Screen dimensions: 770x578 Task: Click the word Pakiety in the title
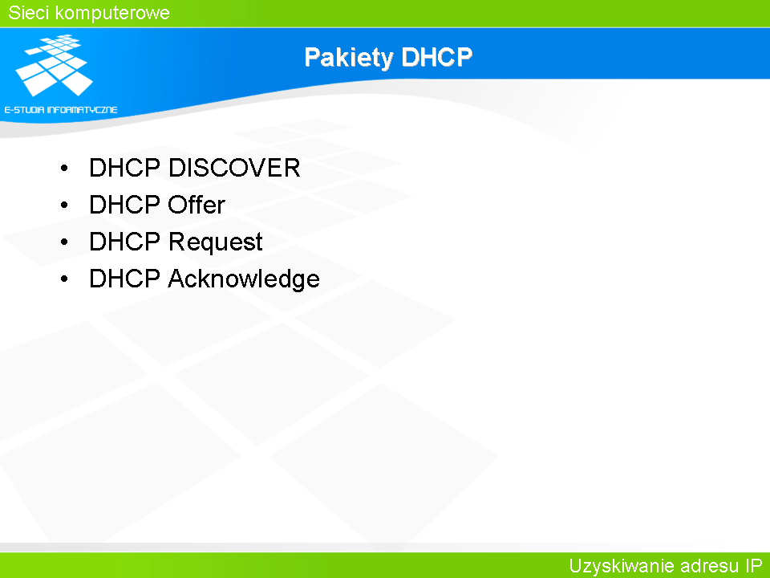(349, 58)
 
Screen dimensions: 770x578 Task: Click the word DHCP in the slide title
(436, 57)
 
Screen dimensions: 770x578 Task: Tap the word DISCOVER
(234, 168)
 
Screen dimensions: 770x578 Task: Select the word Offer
(197, 205)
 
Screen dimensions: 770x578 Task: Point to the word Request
(215, 242)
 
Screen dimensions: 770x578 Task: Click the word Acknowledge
(244, 279)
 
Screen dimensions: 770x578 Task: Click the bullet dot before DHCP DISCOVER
(64, 169)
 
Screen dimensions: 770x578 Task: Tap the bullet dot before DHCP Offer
(64, 206)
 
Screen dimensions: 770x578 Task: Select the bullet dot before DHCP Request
(64, 242)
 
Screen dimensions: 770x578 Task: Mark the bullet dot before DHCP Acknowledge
(64, 279)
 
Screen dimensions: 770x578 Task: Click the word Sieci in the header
(29, 13)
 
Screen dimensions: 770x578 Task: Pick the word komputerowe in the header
(112, 14)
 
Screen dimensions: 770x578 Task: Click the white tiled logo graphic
(55, 65)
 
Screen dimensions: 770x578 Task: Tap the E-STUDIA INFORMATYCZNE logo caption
(61, 110)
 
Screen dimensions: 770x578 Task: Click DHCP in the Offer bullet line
(125, 205)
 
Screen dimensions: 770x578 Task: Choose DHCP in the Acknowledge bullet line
(125, 279)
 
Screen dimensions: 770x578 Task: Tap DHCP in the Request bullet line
(125, 242)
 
